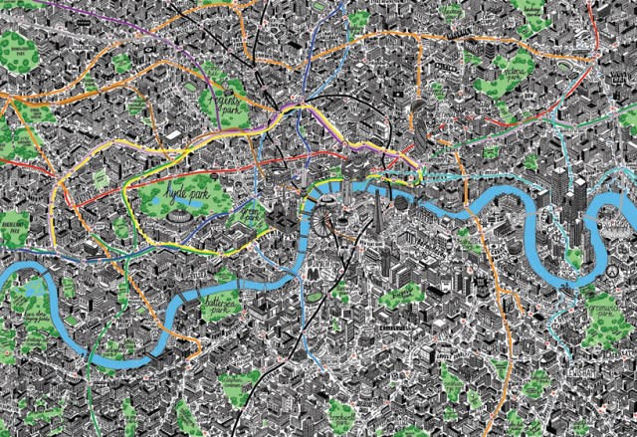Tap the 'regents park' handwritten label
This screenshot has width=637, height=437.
coord(221,103)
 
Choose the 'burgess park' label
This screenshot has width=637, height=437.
coord(405,293)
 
